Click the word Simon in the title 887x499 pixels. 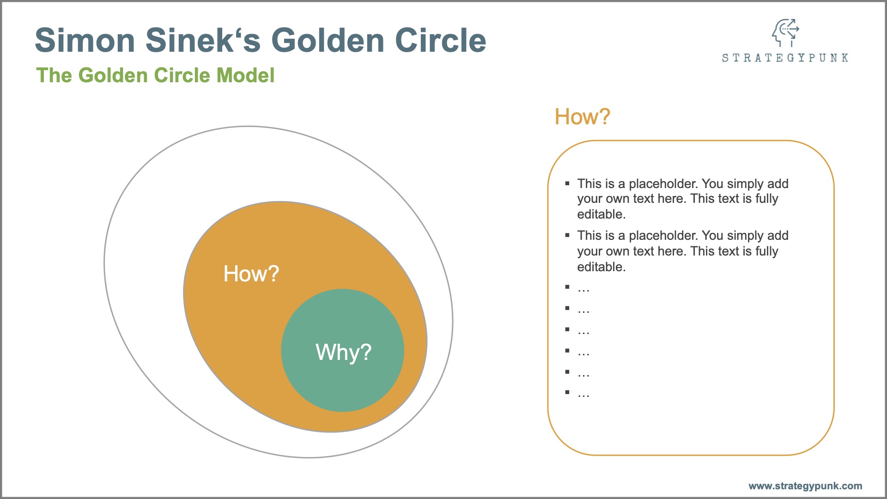[x=85, y=40]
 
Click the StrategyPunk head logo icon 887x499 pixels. [x=785, y=33]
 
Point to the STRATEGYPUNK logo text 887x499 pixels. [x=785, y=58]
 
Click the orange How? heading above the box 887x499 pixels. [x=582, y=116]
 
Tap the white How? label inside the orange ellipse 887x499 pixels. [x=251, y=274]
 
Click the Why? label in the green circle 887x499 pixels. [x=343, y=352]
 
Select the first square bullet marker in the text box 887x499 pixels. [x=567, y=183]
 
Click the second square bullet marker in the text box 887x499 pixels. [x=567, y=235]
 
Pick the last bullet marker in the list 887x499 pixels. [x=567, y=392]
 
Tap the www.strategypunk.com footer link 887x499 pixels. [x=805, y=486]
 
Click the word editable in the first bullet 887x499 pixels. [x=601, y=214]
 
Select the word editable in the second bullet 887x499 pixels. [x=601, y=267]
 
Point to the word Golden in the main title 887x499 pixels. [x=328, y=40]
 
